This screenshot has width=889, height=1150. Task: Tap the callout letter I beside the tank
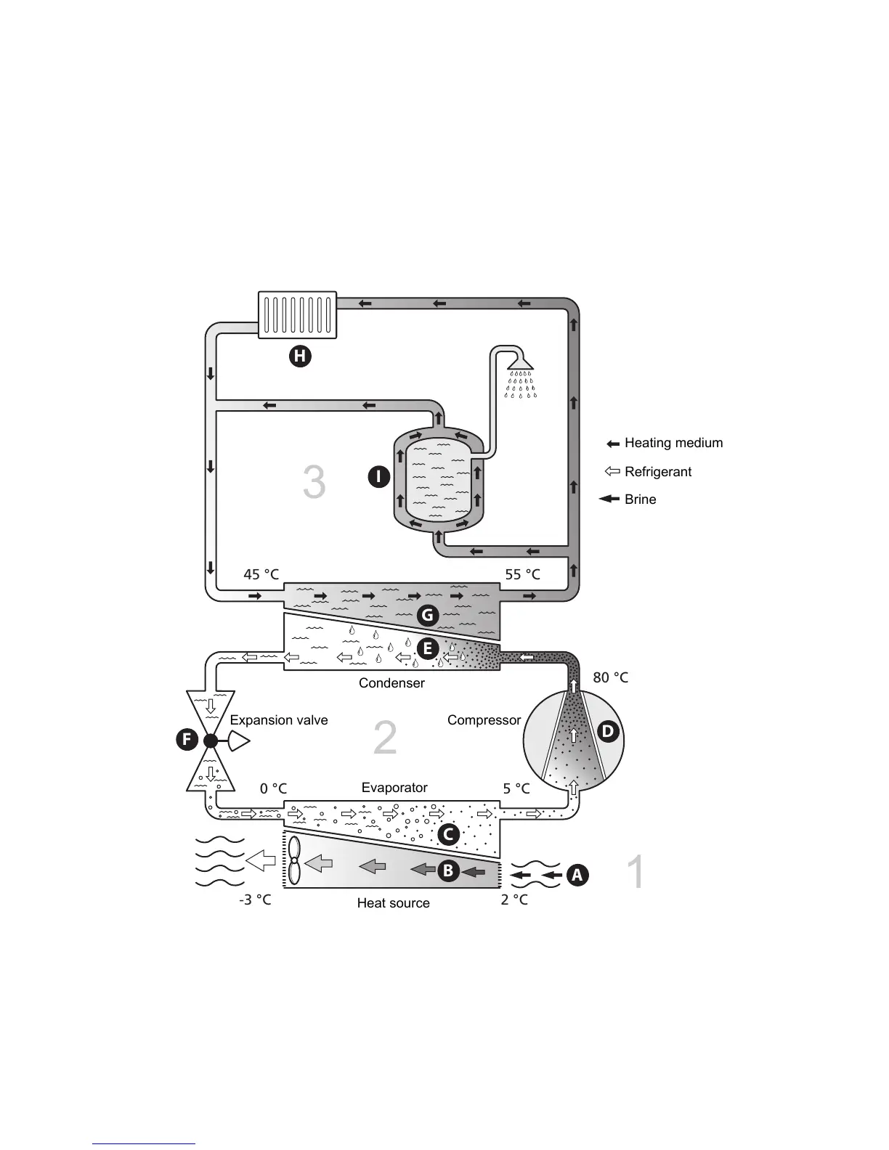coord(378,477)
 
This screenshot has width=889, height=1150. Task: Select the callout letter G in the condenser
coord(427,616)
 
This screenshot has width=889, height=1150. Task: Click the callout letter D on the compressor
coord(607,732)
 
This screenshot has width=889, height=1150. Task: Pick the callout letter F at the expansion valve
coord(187,741)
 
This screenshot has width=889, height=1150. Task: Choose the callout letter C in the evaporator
coord(448,834)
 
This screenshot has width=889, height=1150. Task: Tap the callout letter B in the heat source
coord(447,870)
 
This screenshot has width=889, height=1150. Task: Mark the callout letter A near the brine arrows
coord(577,876)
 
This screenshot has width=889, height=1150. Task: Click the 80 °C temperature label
coord(610,677)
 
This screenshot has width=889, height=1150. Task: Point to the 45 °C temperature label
coord(261,574)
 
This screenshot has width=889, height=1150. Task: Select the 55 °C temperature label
coord(523,574)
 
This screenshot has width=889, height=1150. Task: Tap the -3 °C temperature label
coord(255,900)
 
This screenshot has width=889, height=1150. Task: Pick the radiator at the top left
coord(298,314)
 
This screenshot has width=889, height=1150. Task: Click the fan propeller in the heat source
coord(294,861)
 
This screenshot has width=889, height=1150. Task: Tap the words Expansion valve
coord(279,720)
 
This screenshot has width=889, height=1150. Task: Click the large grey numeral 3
coord(314,483)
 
